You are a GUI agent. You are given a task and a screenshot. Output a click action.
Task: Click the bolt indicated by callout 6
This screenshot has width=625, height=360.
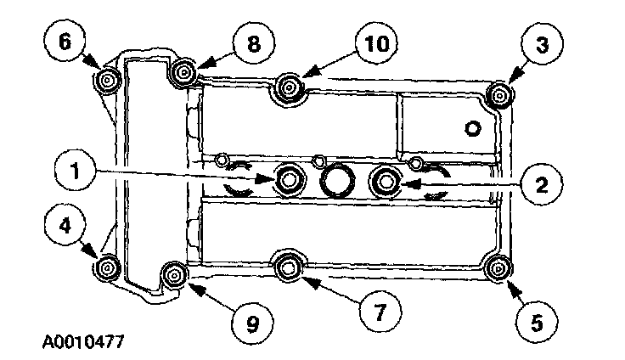tap(108, 82)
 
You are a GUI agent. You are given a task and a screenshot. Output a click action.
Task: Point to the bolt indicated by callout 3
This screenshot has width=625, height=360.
tap(501, 96)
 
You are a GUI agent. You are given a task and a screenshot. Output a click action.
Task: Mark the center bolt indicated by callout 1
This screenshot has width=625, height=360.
tap(290, 179)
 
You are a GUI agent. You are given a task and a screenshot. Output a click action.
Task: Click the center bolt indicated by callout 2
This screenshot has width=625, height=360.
tap(386, 179)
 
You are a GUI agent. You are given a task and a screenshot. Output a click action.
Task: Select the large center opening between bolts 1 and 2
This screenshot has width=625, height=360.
tap(338, 180)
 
